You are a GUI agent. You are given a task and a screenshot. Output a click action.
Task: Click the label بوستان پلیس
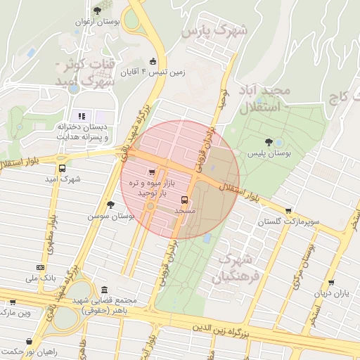click(269, 152)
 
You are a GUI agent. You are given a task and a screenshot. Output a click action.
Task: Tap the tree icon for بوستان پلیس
click(269, 142)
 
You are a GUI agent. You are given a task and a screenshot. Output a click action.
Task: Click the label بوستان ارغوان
click(98, 22)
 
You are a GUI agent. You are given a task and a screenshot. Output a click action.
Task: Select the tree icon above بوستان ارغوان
click(98, 11)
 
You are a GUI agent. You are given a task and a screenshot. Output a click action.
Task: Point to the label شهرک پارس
click(215, 32)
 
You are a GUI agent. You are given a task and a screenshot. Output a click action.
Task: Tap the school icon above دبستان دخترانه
click(82, 115)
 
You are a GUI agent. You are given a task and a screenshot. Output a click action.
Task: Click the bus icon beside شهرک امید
click(63, 169)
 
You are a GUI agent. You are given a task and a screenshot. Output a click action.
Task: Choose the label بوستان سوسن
click(110, 216)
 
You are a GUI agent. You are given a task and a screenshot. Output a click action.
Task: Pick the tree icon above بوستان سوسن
click(110, 205)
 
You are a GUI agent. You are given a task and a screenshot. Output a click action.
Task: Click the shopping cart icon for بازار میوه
click(153, 172)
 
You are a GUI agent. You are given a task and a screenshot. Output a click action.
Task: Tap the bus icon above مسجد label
click(185, 200)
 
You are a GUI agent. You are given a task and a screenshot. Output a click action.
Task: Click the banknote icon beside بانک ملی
click(39, 267)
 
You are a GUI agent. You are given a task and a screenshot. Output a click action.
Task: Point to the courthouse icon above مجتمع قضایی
click(104, 290)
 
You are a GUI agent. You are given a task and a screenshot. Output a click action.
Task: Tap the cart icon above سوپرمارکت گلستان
click(289, 210)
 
